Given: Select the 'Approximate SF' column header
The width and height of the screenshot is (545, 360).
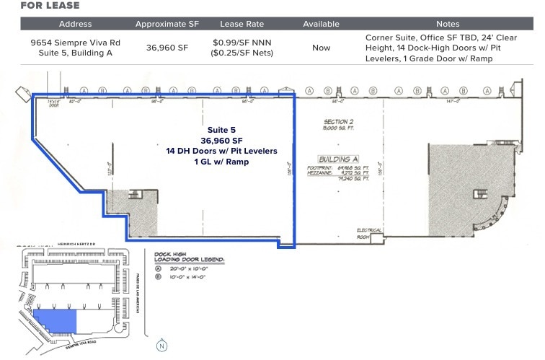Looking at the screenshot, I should (167, 24).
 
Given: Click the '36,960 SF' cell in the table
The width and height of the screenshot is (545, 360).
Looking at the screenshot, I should (167, 48).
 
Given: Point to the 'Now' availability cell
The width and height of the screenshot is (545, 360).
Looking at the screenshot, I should (321, 48).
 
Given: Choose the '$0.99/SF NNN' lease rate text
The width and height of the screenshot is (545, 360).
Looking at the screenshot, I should (242, 43).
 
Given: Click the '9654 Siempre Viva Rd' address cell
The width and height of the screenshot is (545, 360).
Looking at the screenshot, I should (75, 43).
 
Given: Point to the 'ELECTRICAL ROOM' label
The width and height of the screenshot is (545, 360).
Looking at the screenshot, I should (368, 233).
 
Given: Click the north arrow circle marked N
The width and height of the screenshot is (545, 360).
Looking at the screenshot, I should (162, 346).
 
